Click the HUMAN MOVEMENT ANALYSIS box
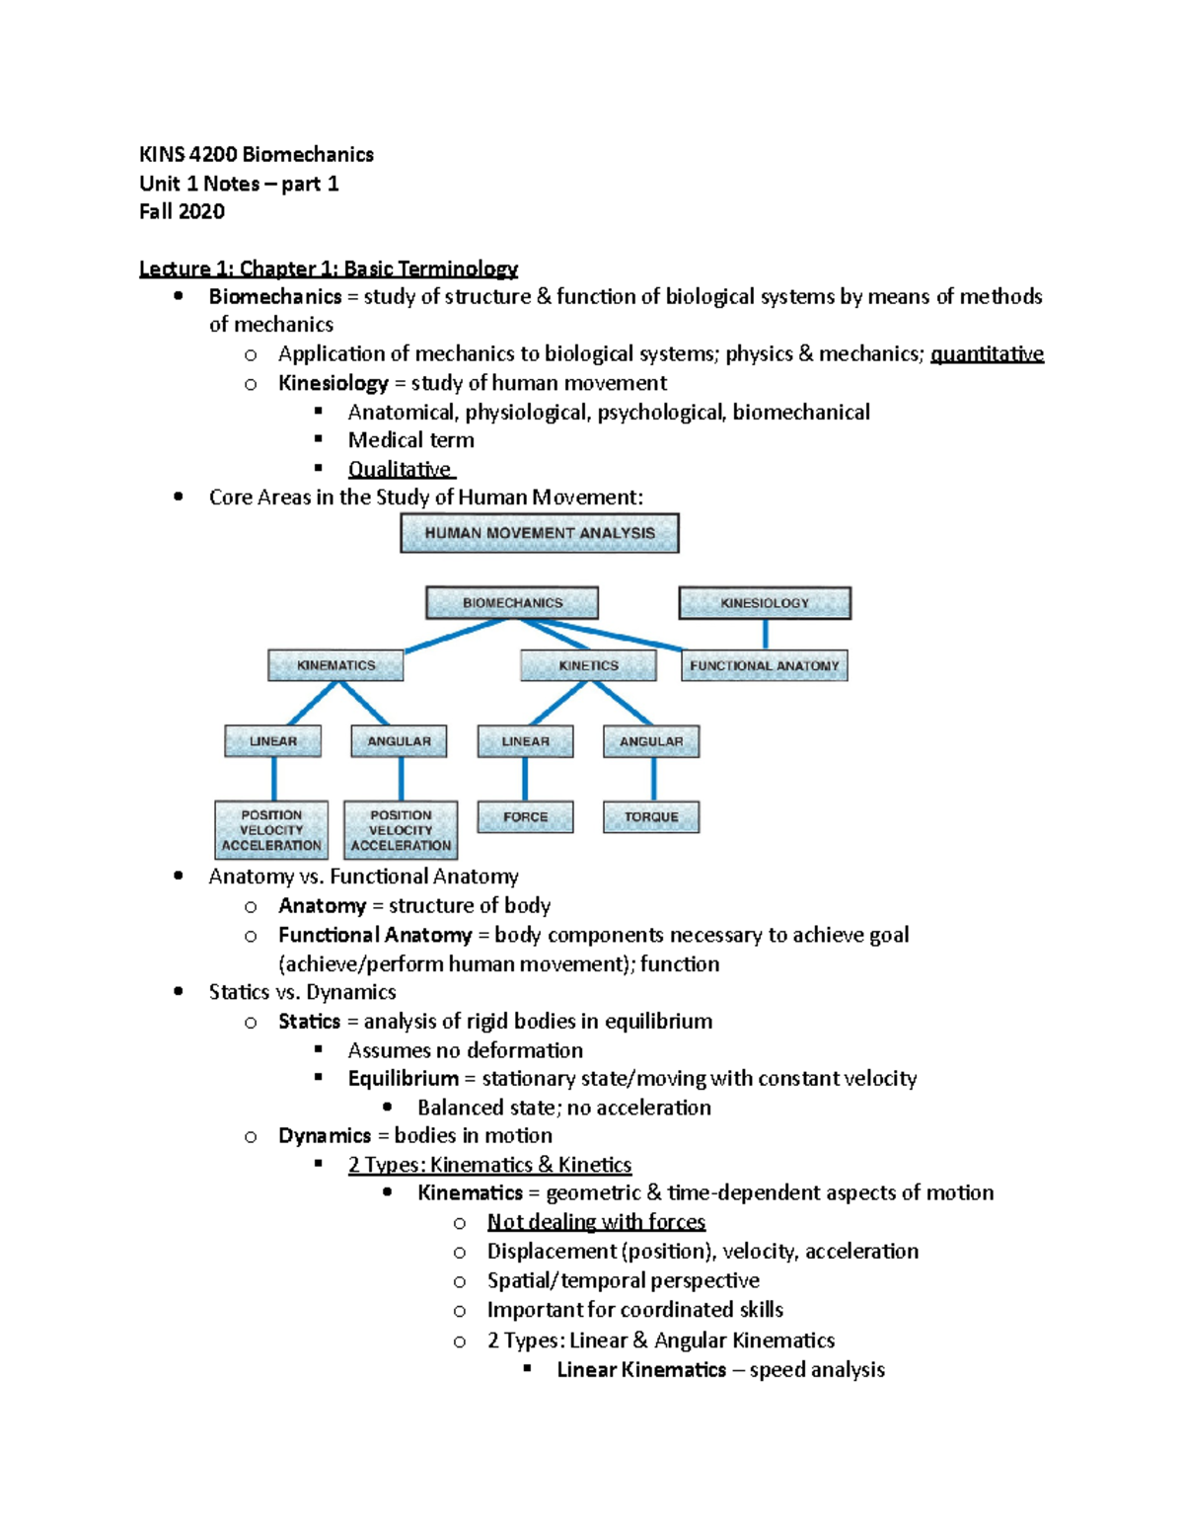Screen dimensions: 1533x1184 (x=540, y=533)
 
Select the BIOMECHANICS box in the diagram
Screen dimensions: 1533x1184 (x=512, y=603)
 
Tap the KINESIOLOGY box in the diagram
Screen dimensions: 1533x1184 (x=765, y=603)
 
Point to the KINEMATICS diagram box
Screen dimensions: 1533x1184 (x=335, y=665)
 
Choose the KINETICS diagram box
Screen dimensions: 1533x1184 (x=588, y=665)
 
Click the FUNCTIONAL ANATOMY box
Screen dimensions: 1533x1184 (x=765, y=665)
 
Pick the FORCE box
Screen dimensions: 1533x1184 (x=525, y=817)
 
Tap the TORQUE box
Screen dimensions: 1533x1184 (x=651, y=817)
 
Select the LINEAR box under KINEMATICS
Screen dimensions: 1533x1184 (x=273, y=741)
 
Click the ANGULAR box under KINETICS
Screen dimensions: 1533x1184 (x=651, y=741)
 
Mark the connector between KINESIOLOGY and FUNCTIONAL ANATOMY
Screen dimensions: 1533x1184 (x=765, y=635)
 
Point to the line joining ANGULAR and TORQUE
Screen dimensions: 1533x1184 (x=653, y=780)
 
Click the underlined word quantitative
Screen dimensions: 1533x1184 (x=987, y=354)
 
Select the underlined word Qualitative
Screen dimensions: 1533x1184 (x=400, y=470)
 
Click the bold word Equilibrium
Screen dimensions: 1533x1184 (x=403, y=1079)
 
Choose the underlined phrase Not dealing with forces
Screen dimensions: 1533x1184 (x=596, y=1222)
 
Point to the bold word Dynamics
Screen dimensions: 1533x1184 (x=325, y=1136)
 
